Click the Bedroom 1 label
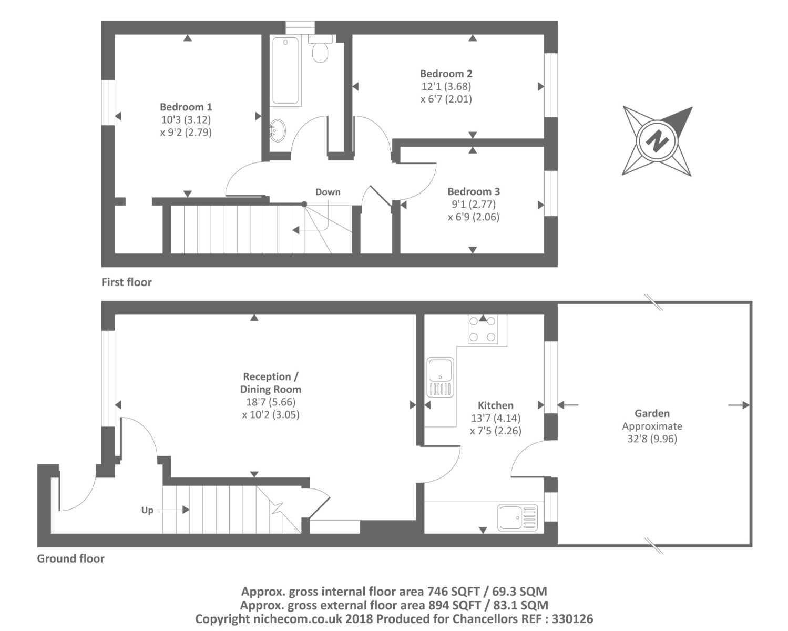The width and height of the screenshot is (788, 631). click(x=186, y=107)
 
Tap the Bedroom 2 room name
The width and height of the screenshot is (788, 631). click(x=446, y=74)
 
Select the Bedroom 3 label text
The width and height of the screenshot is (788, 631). click(x=474, y=191)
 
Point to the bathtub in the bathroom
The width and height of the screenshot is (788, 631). click(x=285, y=70)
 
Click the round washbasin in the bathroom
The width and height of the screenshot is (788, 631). click(x=278, y=130)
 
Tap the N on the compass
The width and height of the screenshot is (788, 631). click(x=657, y=141)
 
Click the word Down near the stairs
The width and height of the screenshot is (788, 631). click(x=328, y=192)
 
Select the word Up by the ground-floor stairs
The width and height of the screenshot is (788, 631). click(x=147, y=511)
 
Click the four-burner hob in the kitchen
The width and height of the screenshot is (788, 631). click(x=483, y=329)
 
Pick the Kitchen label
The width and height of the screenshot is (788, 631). click(x=495, y=405)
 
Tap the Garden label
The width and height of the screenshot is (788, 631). click(x=652, y=413)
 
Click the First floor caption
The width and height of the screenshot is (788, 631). click(x=126, y=282)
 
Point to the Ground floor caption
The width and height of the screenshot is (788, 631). click(x=70, y=558)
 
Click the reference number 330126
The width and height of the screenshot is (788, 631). click(x=572, y=619)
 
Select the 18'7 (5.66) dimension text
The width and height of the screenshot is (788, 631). click(x=271, y=402)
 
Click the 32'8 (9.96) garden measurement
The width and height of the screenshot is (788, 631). click(x=652, y=439)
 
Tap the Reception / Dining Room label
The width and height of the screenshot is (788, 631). click(x=271, y=383)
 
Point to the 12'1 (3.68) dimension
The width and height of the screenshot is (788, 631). click(x=446, y=86)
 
